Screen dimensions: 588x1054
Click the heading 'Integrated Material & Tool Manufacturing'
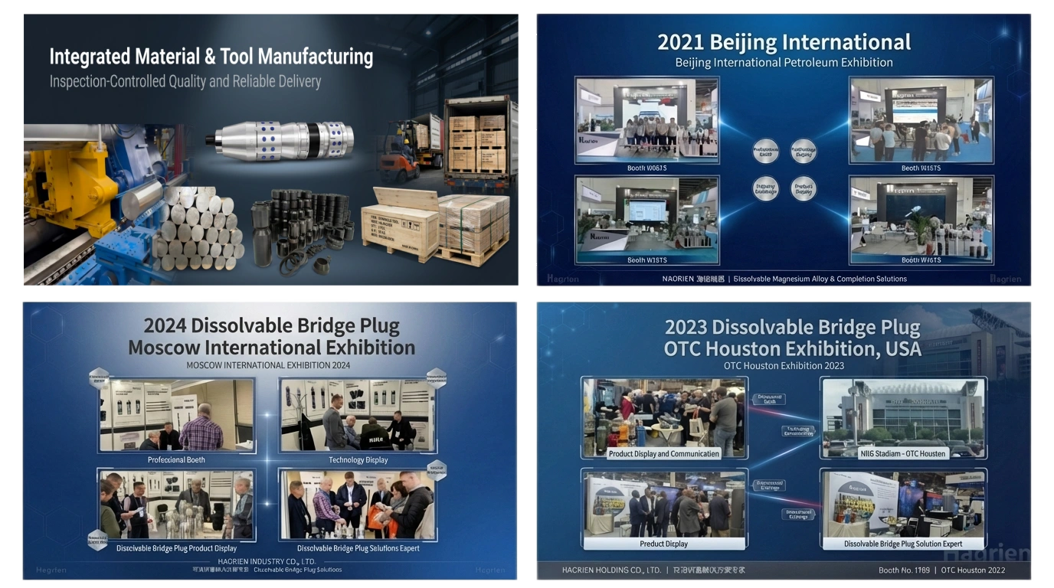click(211, 57)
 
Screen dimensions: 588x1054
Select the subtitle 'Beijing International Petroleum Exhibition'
click(784, 63)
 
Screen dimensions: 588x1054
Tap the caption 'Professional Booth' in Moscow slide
click(176, 460)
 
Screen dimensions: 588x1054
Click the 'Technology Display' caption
click(358, 460)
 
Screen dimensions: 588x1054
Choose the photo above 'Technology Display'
click(357, 415)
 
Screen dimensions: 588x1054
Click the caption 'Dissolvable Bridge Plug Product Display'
click(176, 548)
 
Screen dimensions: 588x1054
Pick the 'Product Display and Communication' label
click(663, 453)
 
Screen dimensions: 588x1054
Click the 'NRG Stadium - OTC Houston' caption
click(903, 453)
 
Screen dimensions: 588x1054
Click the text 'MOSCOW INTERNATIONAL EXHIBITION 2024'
click(268, 365)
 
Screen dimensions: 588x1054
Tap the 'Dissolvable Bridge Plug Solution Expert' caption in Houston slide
click(903, 544)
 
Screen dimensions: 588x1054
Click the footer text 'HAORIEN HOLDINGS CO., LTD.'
click(611, 570)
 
